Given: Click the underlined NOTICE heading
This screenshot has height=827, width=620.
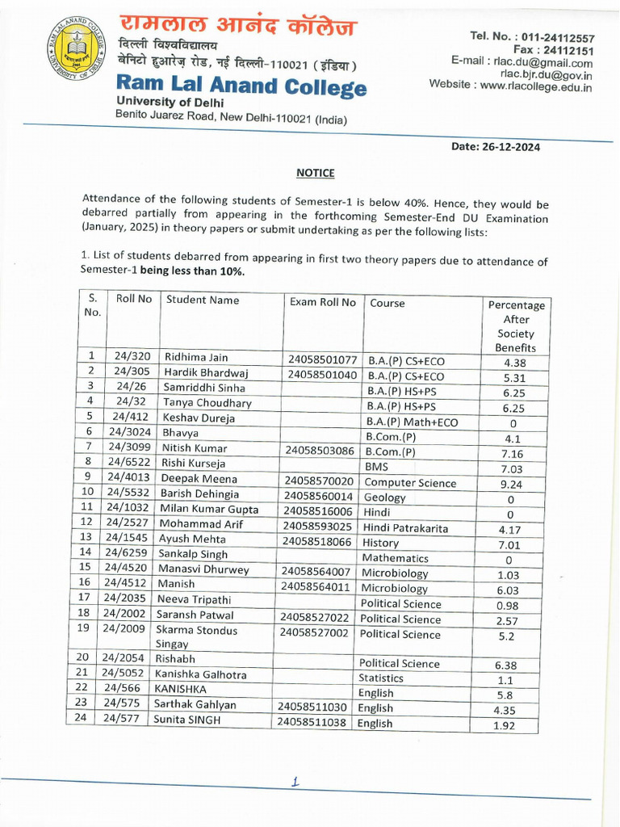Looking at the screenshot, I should point(315,173).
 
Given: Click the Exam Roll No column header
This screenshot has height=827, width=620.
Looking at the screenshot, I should point(322,302).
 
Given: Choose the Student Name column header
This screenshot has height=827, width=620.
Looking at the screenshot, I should point(203,300).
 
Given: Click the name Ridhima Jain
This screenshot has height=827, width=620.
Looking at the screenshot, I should point(196,357).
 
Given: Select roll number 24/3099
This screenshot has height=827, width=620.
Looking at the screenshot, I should point(129,447).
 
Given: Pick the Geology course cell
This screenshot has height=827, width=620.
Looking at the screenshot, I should point(384,497).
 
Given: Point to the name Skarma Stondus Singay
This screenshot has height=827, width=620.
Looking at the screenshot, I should point(197,637).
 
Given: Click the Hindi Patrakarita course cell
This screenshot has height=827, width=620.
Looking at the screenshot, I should point(405,528).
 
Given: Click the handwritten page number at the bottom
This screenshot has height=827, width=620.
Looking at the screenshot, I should point(295,781).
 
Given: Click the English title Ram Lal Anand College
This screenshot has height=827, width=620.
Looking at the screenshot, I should point(241,86).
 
